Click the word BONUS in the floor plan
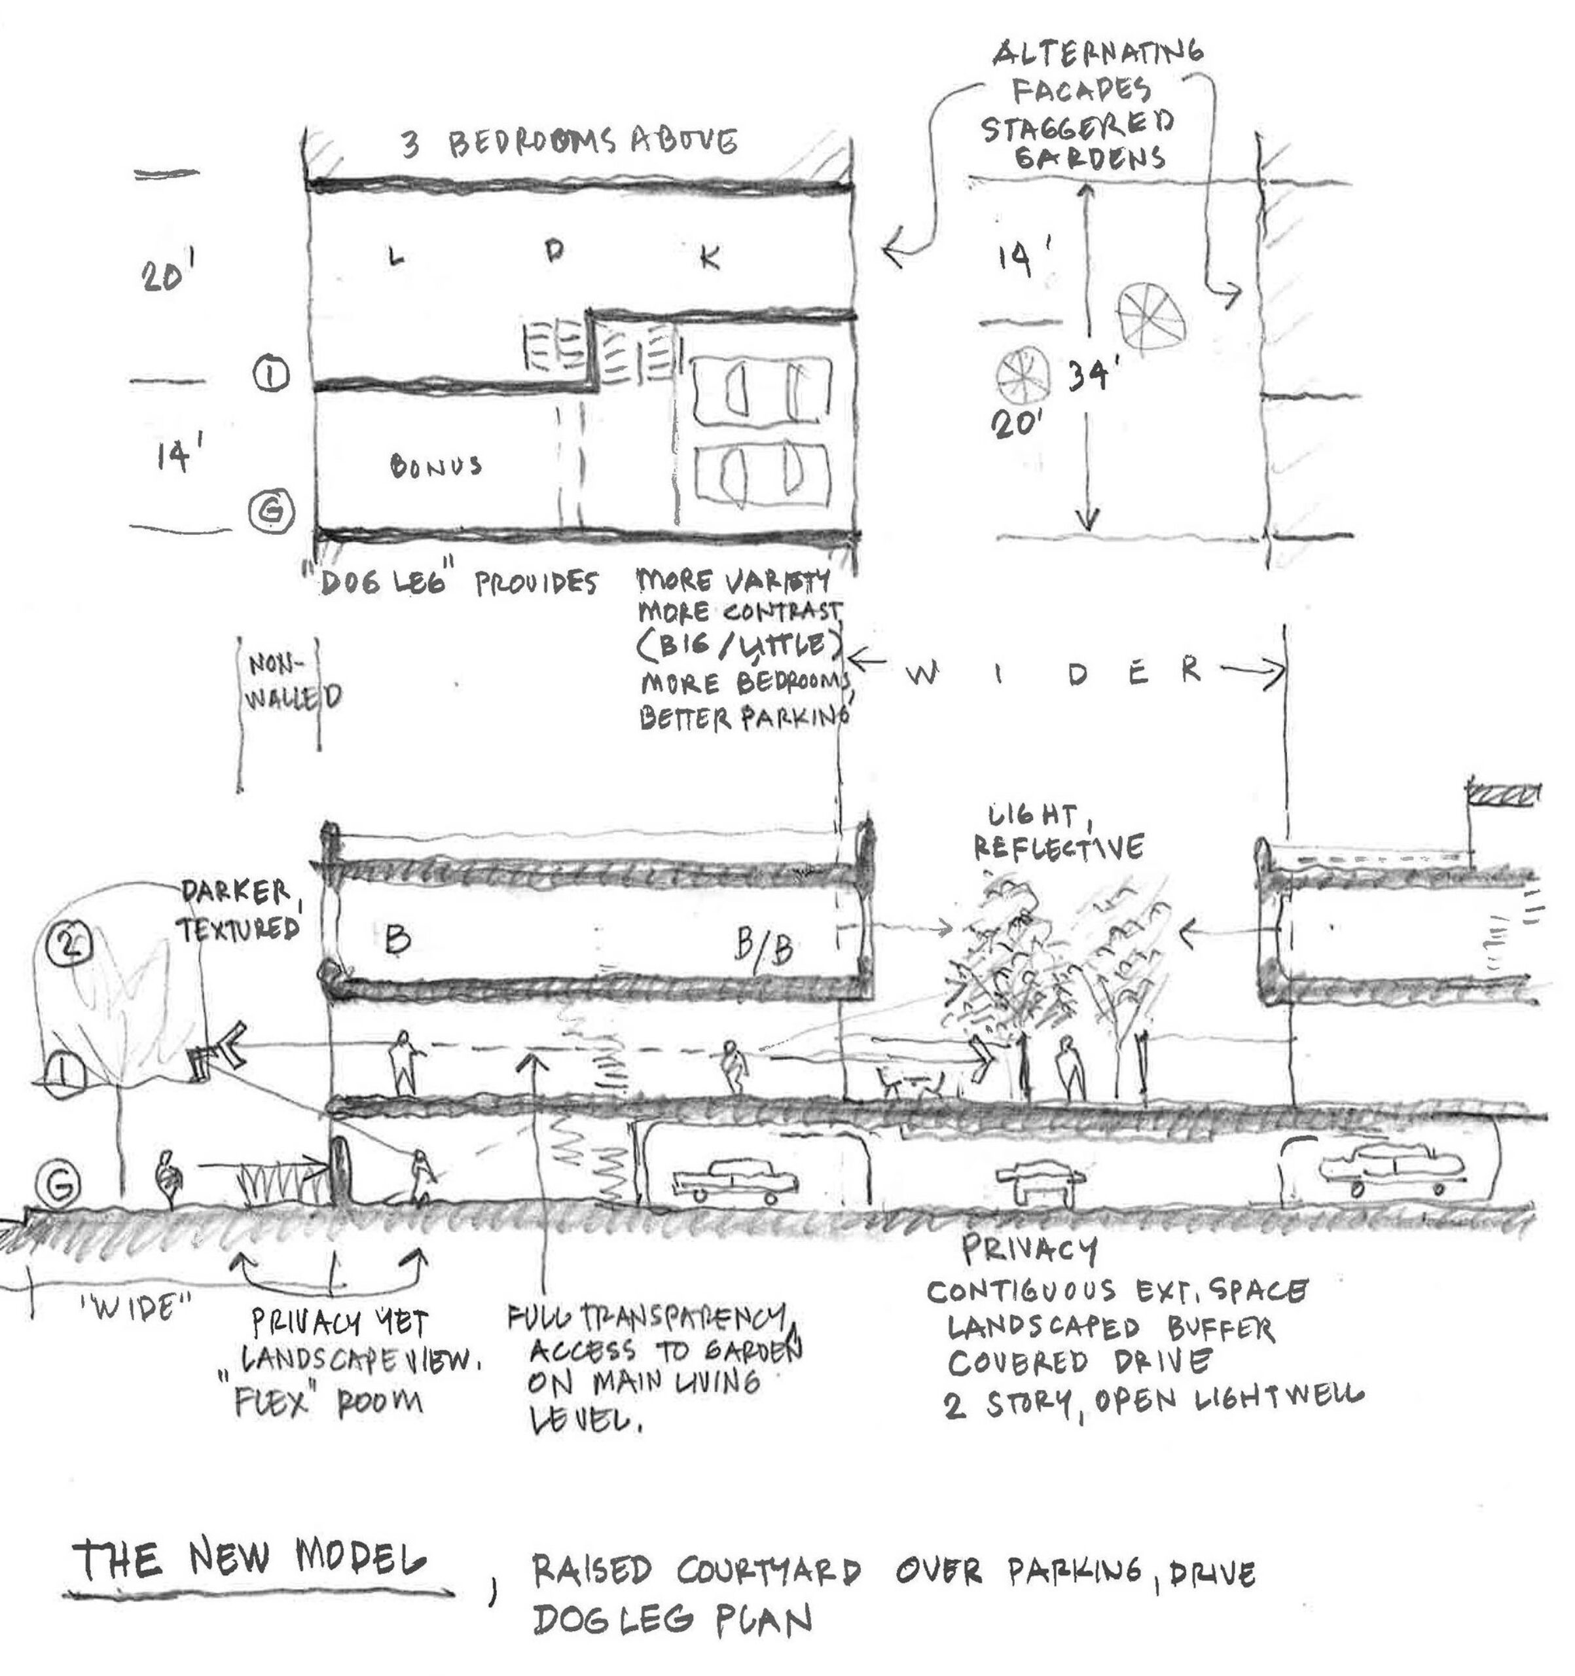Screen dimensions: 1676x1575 [436, 465]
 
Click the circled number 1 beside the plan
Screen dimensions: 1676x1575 [272, 375]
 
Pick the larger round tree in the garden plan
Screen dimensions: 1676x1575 [1151, 321]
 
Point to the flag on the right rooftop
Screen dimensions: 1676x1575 [1504, 794]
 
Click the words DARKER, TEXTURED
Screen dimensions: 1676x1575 [239, 911]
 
